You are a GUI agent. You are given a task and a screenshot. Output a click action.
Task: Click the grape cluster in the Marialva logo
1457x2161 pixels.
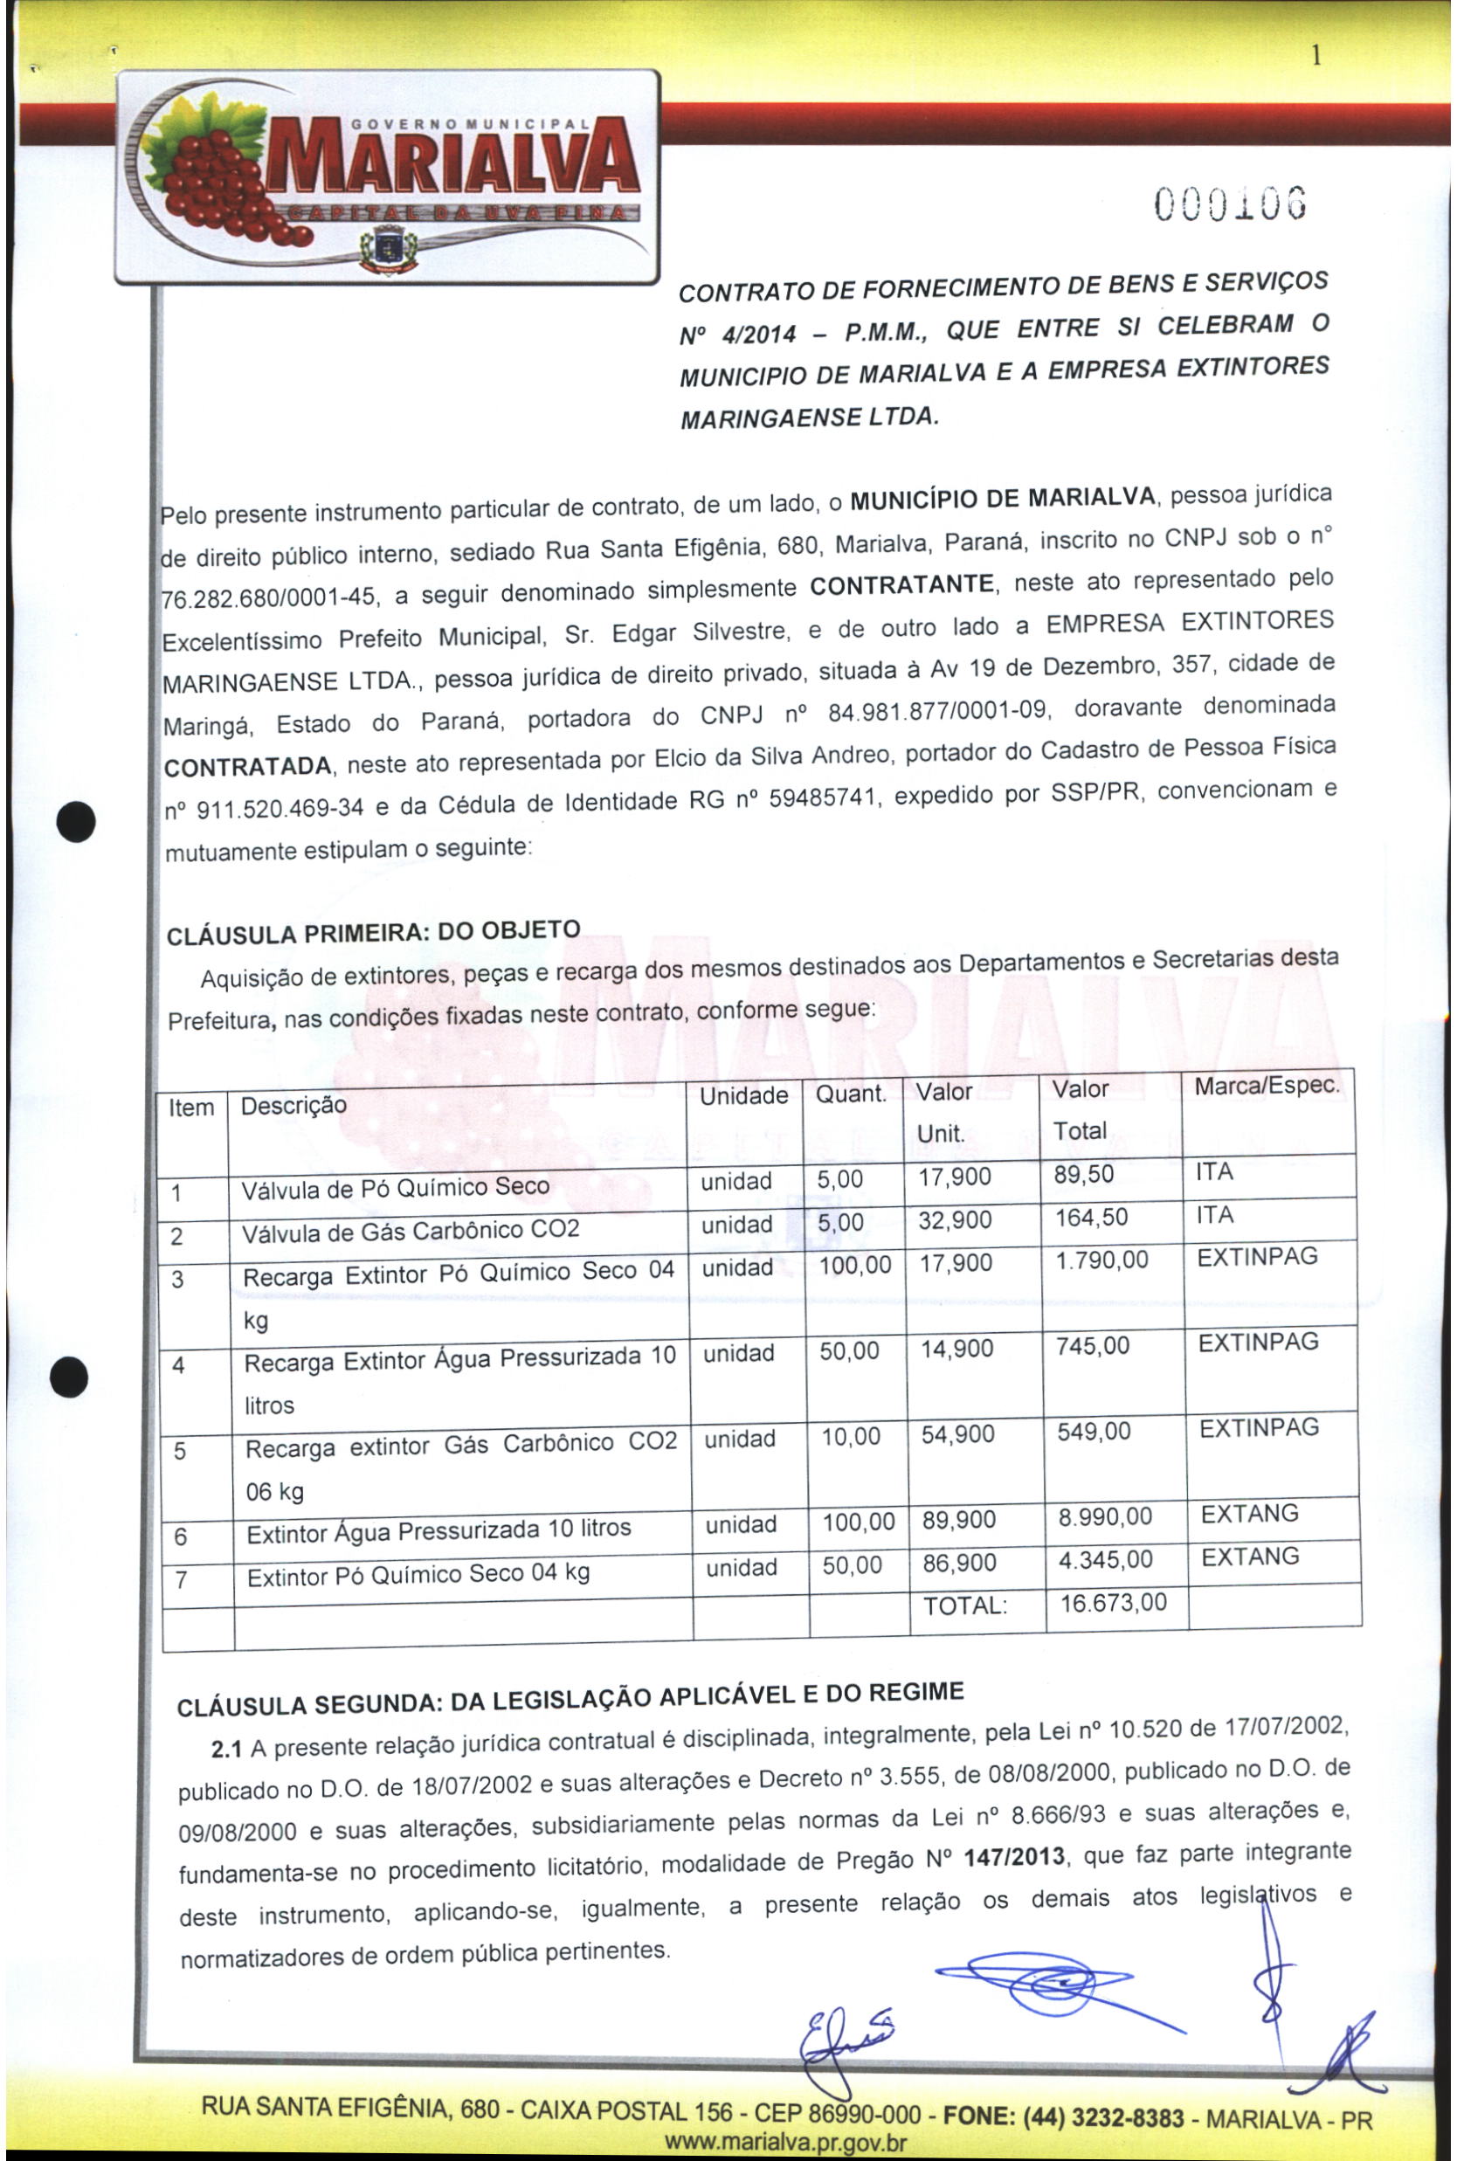coord(218,181)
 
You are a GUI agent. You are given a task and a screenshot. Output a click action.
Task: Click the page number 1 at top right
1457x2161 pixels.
coord(1315,57)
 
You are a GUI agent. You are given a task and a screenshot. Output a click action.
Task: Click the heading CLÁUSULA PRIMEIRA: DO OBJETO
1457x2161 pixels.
coord(373,933)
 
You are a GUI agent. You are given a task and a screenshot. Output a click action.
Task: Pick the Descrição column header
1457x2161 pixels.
coord(293,1106)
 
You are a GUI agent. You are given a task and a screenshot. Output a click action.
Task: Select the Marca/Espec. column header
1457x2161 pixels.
coord(1267,1085)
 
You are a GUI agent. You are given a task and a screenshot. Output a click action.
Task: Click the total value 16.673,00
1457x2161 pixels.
coord(1113,1603)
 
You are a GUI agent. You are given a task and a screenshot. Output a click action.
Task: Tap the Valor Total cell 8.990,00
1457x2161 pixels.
coord(1105,1517)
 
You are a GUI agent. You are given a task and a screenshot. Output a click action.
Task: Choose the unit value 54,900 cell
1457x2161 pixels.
coord(957,1435)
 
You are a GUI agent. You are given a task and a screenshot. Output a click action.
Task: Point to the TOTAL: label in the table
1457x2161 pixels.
coord(964,1605)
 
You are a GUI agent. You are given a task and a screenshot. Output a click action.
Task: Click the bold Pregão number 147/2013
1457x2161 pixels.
coord(1014,1857)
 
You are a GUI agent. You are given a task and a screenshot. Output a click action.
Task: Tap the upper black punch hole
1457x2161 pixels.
coord(75,821)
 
